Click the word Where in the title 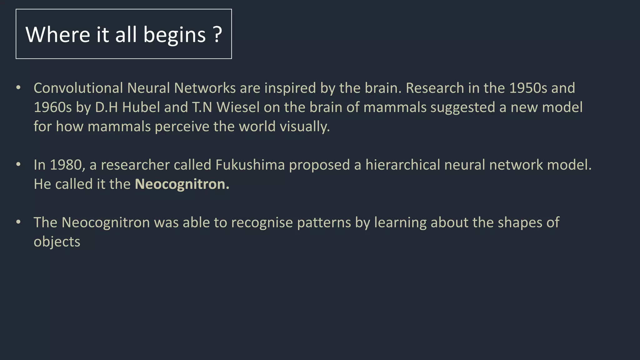[58, 34]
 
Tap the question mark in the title [218, 34]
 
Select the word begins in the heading [174, 35]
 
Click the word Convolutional [78, 88]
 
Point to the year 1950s [528, 88]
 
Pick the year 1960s [53, 107]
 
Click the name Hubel [141, 107]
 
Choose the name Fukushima [250, 165]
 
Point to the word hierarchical [403, 165]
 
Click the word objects [57, 242]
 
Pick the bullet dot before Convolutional [18, 88]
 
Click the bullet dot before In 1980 [18, 164]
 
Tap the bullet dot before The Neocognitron [18, 222]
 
